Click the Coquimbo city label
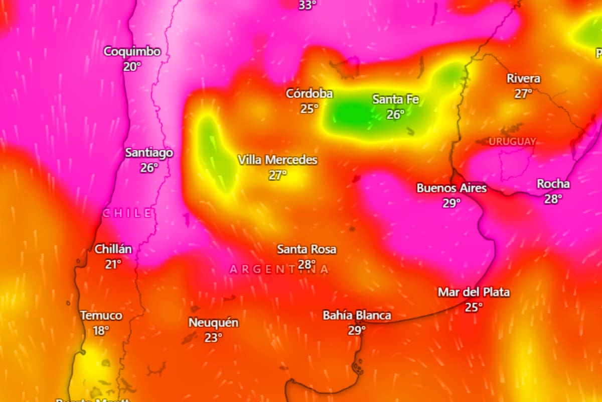(x=132, y=51)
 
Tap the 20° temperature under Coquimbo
(x=132, y=66)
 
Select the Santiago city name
(x=149, y=153)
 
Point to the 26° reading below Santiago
(x=149, y=168)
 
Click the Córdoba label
(x=310, y=93)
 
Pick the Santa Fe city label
(x=395, y=99)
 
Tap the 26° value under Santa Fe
(x=395, y=115)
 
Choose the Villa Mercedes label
(x=277, y=160)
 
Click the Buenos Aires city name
(x=452, y=188)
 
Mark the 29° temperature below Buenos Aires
(x=452, y=203)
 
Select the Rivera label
(x=523, y=78)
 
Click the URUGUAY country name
(x=512, y=142)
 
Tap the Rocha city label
(x=553, y=184)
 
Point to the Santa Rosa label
(x=307, y=249)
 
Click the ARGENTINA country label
(x=279, y=269)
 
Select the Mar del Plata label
(x=474, y=292)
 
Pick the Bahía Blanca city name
(x=357, y=316)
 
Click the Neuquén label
(x=213, y=323)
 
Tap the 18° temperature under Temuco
(x=101, y=331)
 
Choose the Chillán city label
(x=113, y=249)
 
